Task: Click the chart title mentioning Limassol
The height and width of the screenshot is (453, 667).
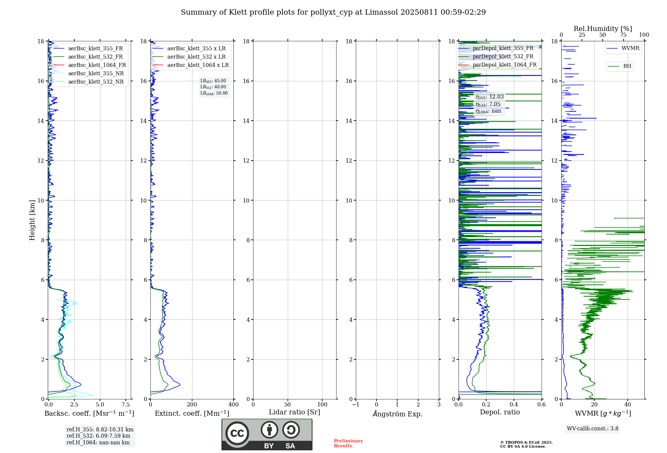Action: [x=333, y=12]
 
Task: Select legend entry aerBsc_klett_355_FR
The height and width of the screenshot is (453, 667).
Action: [x=95, y=49]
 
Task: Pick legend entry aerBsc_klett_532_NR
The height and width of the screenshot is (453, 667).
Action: [x=96, y=82]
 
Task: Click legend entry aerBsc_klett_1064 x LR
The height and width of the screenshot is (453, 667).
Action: [x=198, y=65]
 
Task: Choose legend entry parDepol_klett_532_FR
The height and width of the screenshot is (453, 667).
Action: [x=503, y=57]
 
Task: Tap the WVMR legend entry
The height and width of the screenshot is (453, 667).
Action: [x=630, y=48]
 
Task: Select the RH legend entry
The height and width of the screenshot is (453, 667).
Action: [x=627, y=66]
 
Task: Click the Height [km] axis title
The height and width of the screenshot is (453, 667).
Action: [x=32, y=220]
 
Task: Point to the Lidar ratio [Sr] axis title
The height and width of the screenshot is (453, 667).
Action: [x=294, y=412]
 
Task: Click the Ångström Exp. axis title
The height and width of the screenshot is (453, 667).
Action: [x=397, y=414]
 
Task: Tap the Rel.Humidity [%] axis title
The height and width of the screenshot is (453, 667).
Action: [x=603, y=29]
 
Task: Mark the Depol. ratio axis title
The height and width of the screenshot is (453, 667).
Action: [x=500, y=412]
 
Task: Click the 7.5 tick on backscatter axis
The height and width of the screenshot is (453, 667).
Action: [x=126, y=405]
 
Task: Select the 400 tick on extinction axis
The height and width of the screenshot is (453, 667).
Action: [x=233, y=405]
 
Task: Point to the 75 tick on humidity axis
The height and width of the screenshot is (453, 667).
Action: [x=623, y=35]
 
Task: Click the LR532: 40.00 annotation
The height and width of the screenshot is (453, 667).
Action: [x=213, y=87]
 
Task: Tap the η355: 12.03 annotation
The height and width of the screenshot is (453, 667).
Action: [x=490, y=97]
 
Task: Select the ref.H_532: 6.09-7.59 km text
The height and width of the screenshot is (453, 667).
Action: [x=98, y=436]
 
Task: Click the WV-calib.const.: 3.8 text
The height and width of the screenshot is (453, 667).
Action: [x=593, y=429]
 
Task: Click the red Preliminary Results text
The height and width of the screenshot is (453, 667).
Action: [x=348, y=443]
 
